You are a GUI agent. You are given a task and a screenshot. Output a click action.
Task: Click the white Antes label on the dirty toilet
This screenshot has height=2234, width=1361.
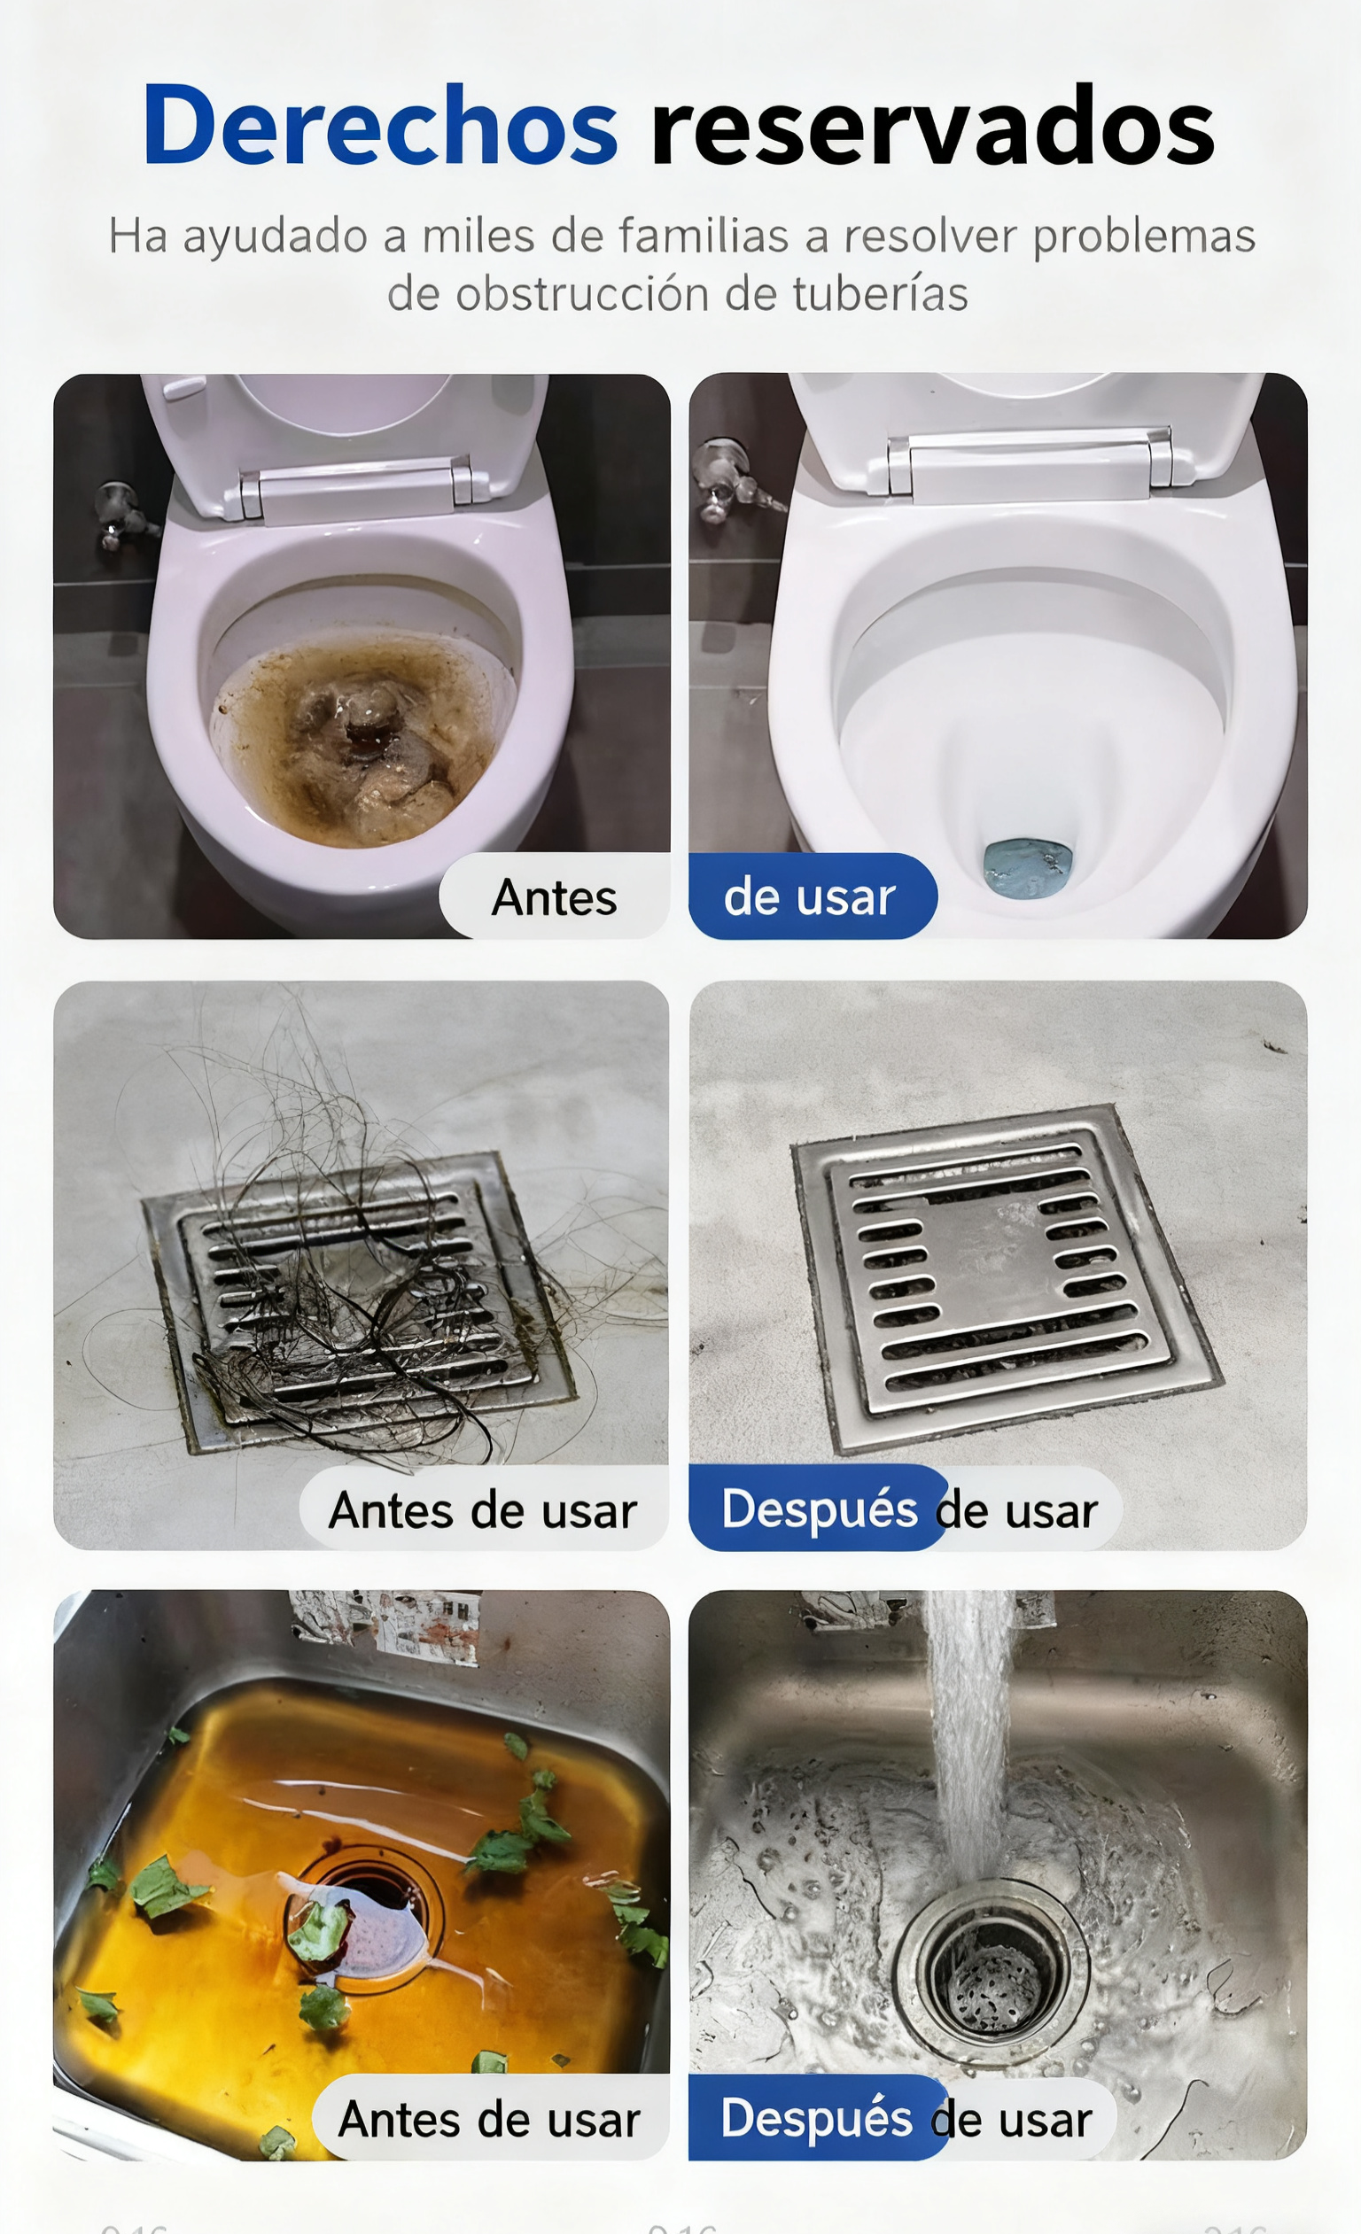(x=554, y=897)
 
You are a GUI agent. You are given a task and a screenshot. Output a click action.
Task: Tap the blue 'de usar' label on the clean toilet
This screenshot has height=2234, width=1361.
(x=810, y=896)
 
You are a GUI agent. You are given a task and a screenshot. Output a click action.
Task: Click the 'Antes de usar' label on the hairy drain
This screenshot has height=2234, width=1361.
(x=483, y=1510)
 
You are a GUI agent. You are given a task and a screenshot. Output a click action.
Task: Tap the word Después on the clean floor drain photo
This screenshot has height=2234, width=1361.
(x=819, y=1509)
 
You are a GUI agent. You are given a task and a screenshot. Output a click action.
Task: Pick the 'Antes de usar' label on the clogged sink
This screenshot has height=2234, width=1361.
(x=490, y=2119)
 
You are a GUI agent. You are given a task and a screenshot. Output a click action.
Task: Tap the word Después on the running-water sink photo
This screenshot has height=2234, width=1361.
(x=816, y=2118)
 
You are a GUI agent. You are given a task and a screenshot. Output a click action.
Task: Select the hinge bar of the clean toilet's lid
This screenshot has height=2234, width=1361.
(x=1029, y=463)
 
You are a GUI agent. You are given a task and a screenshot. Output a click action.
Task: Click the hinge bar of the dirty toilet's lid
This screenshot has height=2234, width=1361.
(x=355, y=489)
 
